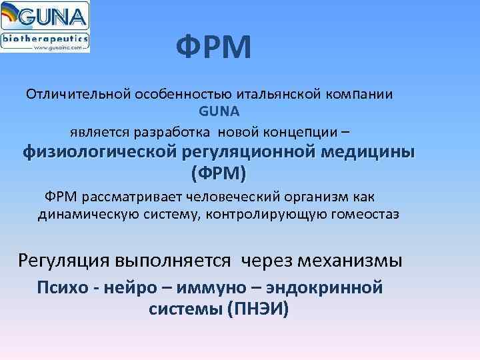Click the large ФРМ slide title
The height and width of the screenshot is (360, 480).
click(214, 48)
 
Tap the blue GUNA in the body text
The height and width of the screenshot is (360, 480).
click(218, 111)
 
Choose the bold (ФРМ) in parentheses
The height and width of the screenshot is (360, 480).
click(218, 174)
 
